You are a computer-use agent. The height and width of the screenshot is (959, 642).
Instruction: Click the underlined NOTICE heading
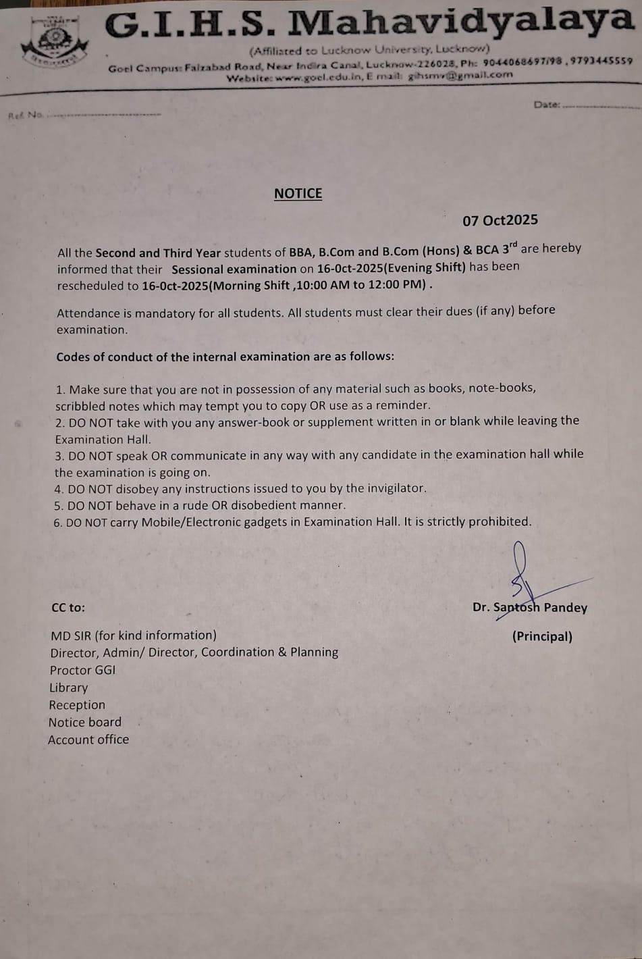pos(298,194)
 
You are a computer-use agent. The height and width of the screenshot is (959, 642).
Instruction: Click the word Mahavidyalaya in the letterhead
pos(460,21)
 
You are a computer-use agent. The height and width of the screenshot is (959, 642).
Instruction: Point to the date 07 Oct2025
pos(500,220)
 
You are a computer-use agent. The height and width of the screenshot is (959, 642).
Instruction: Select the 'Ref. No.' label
pos(26,115)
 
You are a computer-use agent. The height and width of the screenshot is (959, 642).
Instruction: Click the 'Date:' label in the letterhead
pos(546,105)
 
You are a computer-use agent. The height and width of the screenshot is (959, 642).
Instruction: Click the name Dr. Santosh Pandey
pos(530,608)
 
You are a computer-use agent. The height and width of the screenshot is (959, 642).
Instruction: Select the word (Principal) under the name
pos(542,637)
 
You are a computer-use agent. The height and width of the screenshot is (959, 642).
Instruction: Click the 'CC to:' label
pos(68,608)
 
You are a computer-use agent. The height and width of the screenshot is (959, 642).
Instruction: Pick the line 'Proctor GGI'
pos(82,670)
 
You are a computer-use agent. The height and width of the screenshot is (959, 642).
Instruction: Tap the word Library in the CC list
pos(68,688)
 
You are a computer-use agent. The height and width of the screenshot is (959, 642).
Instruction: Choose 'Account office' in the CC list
pos(88,740)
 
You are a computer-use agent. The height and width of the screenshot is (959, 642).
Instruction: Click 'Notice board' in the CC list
pos(85,722)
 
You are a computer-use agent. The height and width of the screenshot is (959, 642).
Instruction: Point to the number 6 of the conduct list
pos(57,522)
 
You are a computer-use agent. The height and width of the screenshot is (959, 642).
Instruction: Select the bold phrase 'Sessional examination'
pos(234,269)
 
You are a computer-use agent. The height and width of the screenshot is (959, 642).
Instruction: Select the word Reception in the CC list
pos(77,705)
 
